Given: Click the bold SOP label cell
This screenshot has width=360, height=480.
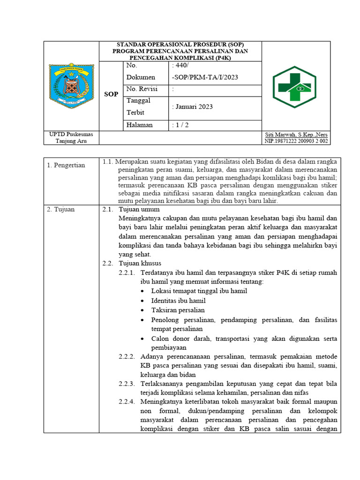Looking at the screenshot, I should point(111,94).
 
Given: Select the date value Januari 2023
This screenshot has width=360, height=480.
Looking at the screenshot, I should point(193,106).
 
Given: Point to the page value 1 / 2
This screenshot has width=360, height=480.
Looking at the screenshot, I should point(181,125).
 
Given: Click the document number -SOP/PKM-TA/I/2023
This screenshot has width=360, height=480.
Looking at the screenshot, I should point(199,77).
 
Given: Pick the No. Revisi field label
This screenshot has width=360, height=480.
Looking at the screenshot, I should point(142,89).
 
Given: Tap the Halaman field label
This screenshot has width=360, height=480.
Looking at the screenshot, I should point(140,125).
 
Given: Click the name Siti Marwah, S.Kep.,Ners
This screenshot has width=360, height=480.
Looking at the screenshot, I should point(296,135).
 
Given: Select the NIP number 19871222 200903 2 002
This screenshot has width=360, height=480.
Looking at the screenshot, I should point(296,141).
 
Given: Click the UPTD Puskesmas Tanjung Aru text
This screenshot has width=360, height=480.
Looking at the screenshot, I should point(71,138).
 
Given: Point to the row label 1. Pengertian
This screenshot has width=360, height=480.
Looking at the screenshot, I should point(66,165).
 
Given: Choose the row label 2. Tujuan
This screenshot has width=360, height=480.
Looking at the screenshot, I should point(61,210).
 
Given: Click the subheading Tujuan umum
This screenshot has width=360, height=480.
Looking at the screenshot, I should point(139,209).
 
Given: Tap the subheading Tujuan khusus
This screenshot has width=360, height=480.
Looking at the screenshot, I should point(140,263).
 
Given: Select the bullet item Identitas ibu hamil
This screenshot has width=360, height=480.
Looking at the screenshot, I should point(178,300).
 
